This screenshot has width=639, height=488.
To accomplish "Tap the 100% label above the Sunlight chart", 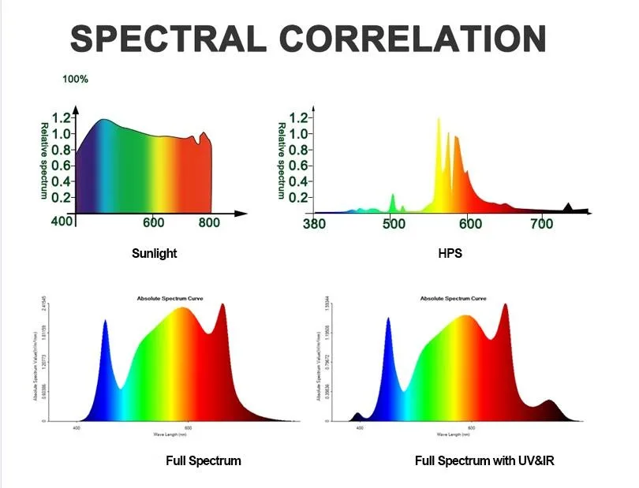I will pos(75,79).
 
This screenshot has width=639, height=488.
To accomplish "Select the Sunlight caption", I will pos(154,254).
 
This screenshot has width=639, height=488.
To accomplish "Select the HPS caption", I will pos(449,254).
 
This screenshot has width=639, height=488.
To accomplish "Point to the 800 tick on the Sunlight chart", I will pos(209,223).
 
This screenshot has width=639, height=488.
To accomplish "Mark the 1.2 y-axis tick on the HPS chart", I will pos(298,117).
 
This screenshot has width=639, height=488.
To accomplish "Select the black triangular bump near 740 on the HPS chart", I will pos(568,208).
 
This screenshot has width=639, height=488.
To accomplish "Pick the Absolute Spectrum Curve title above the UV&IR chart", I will pos(453,299).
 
